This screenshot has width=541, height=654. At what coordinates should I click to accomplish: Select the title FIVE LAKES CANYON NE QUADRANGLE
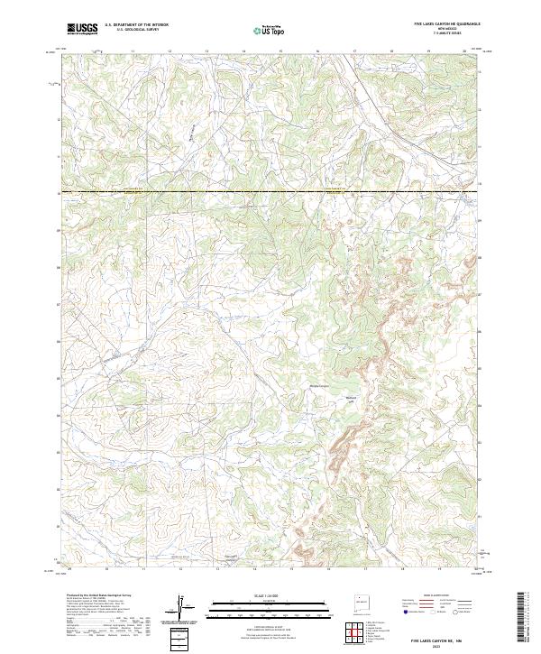[446, 24]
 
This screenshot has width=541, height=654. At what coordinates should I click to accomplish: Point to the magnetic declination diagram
[180, 609]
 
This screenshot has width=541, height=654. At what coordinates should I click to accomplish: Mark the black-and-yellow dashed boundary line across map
[270, 191]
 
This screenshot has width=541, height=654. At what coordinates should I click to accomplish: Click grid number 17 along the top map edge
[354, 51]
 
